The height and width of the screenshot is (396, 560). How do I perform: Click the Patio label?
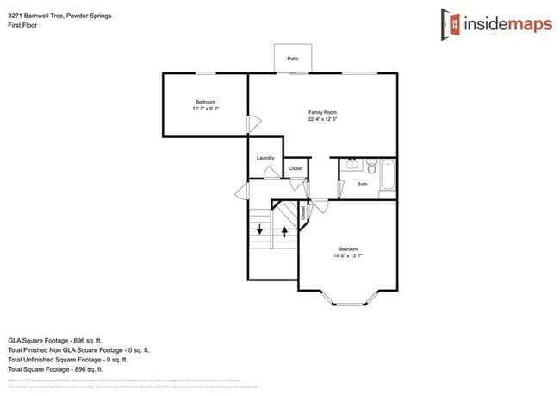(x=293, y=59)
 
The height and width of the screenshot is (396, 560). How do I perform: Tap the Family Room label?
(x=322, y=112)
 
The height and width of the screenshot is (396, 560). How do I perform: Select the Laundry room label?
(x=265, y=158)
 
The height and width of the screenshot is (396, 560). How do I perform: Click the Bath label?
(x=362, y=184)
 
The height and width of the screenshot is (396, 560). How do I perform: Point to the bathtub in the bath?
(x=387, y=177)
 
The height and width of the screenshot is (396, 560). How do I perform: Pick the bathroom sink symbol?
(x=352, y=162)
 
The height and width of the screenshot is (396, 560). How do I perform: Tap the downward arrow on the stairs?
(x=259, y=230)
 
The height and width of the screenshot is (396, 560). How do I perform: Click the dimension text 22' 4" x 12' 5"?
(x=322, y=120)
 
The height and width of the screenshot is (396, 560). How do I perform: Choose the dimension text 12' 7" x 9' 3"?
(x=205, y=109)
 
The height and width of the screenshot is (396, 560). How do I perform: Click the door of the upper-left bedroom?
(x=252, y=125)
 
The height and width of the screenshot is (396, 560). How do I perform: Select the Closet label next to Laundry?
(x=295, y=168)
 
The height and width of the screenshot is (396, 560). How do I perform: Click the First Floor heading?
(x=24, y=25)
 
